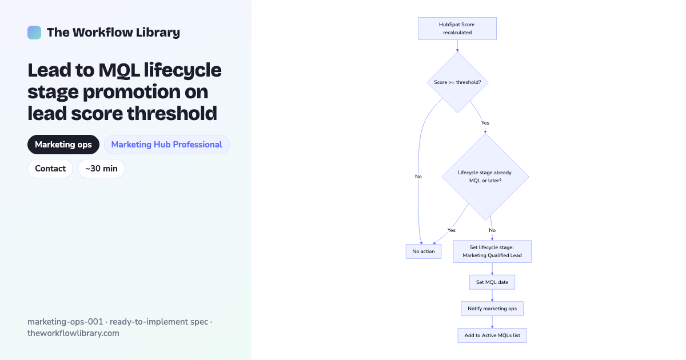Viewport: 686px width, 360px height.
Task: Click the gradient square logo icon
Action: [x=34, y=33]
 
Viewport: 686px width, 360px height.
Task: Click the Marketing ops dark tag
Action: [x=63, y=145]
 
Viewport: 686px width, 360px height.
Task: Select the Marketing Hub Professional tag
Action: [x=166, y=145]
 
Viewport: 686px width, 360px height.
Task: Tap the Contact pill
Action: [x=50, y=169]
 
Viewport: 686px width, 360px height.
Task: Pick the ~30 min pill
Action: [x=101, y=169]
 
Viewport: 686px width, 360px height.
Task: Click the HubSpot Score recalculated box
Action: [x=457, y=29]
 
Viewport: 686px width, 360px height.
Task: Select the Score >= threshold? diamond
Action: [x=457, y=82]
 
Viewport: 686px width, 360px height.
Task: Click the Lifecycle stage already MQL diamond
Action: [x=485, y=177]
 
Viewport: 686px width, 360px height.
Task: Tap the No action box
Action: [x=424, y=251]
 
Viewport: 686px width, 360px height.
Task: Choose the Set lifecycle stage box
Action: [x=492, y=251]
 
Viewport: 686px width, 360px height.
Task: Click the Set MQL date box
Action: [x=492, y=282]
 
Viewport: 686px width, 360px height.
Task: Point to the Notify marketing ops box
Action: [x=492, y=309]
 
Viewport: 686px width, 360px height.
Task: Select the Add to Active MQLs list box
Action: [x=492, y=335]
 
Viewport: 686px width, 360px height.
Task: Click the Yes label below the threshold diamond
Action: [x=485, y=123]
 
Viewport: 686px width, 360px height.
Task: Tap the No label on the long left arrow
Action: [x=418, y=177]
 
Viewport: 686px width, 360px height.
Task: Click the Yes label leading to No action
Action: [x=452, y=230]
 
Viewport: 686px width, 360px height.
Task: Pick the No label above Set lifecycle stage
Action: [x=492, y=230]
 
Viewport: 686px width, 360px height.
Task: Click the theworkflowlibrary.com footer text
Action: [x=74, y=333]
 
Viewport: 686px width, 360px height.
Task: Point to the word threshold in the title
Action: [x=172, y=113]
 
